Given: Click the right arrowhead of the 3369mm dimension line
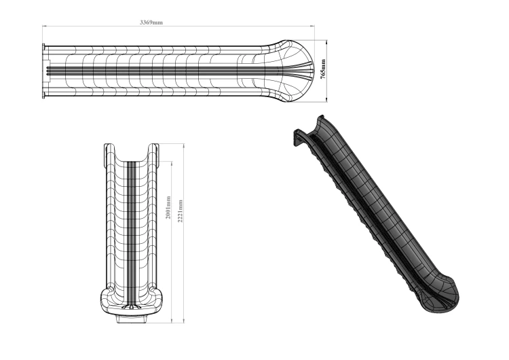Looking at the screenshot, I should tap(313, 26).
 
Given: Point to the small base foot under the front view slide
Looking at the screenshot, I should tap(133, 319).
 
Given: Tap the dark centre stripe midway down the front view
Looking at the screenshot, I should tap(133, 224).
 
